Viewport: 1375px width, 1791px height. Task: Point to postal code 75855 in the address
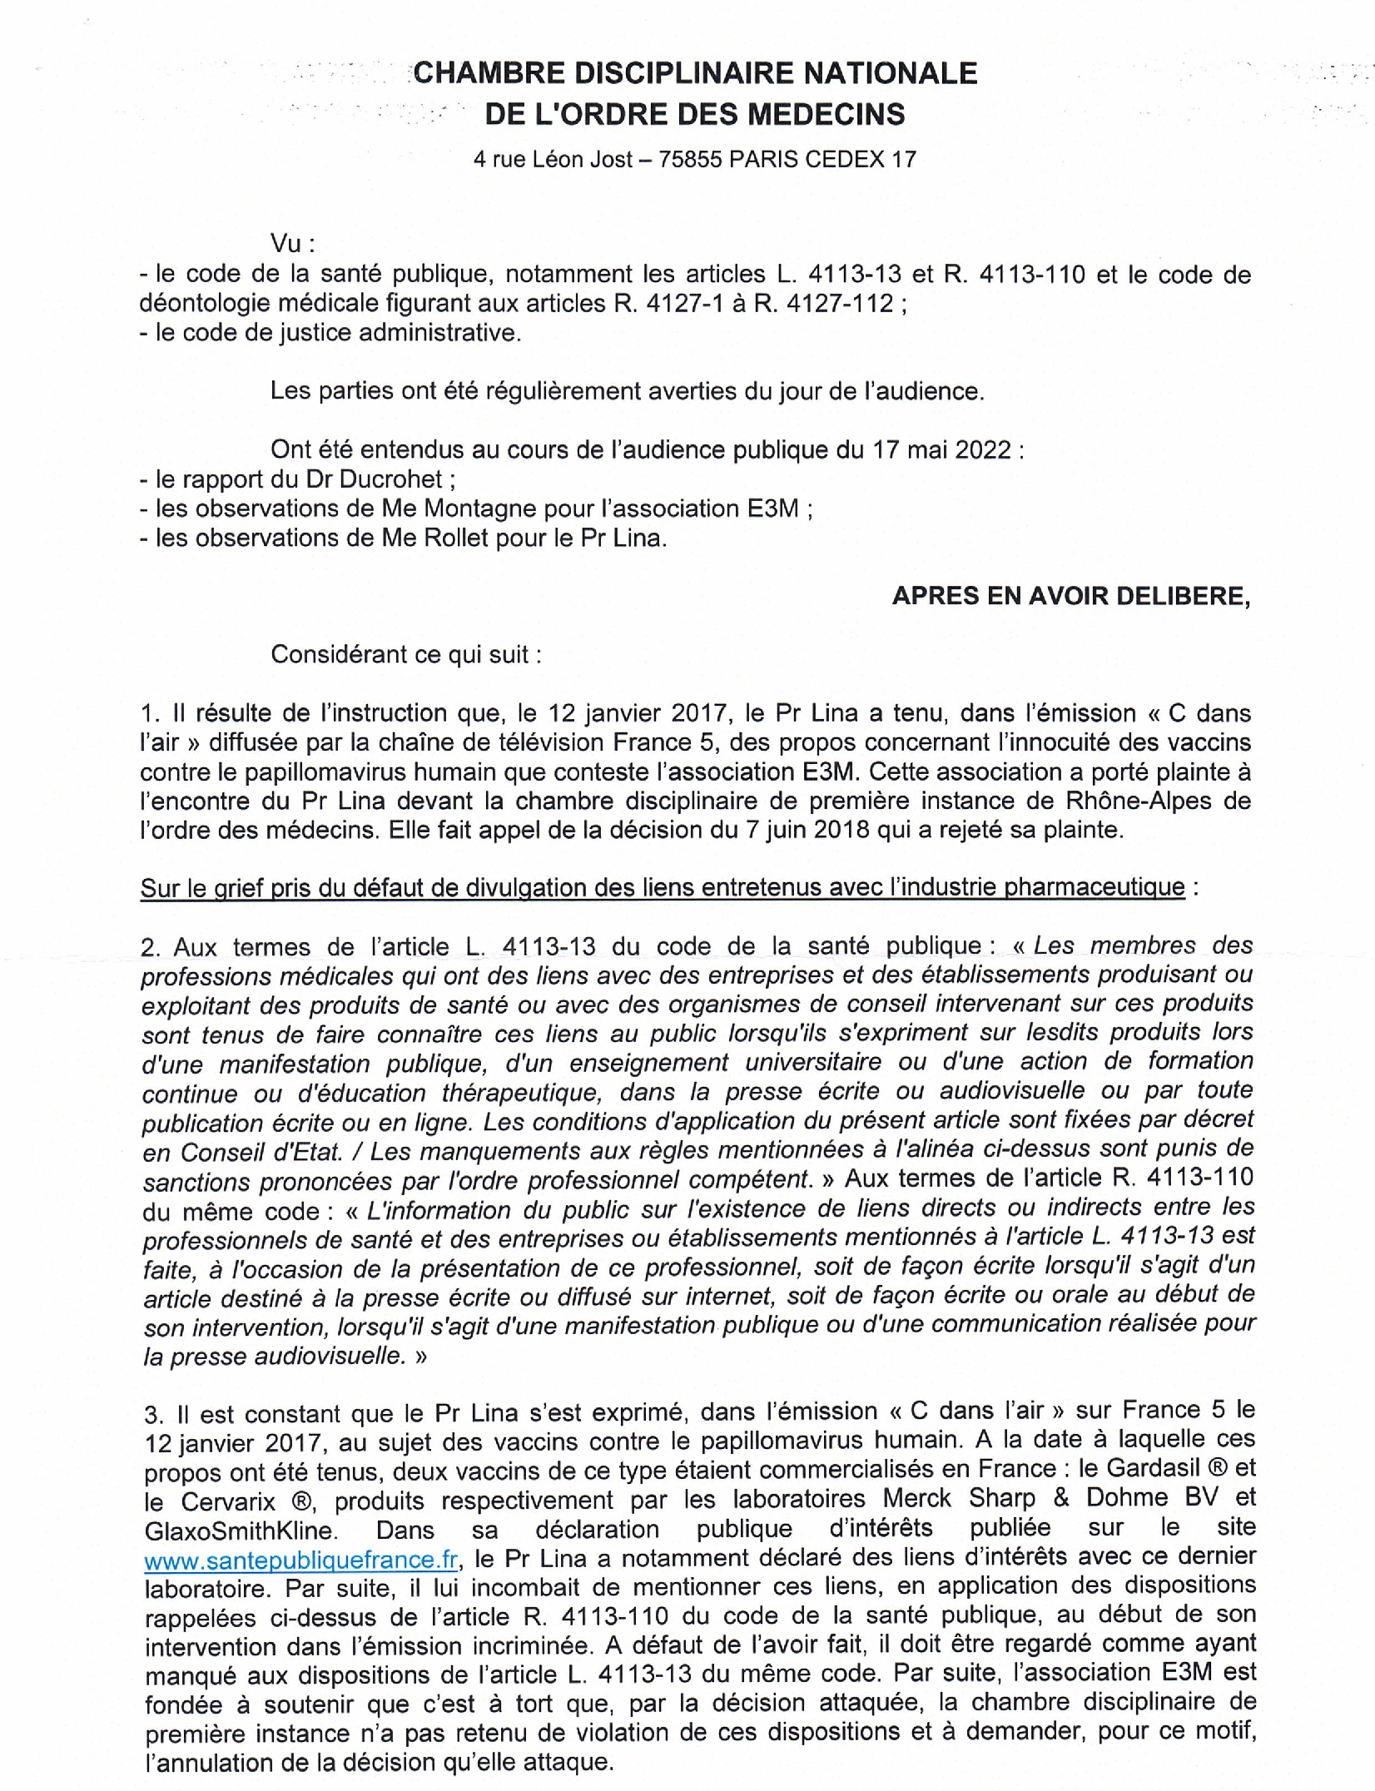(690, 159)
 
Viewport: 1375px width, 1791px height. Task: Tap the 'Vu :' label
(292, 243)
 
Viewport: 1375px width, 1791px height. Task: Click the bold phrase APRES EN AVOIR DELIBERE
(1070, 596)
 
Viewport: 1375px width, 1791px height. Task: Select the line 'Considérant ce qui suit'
(405, 654)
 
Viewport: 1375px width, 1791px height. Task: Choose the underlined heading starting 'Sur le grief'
(662, 887)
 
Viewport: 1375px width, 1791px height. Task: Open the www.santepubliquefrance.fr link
(300, 1560)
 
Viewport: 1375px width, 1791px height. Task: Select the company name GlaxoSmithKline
(241, 1531)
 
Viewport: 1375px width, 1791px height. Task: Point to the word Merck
(916, 1497)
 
